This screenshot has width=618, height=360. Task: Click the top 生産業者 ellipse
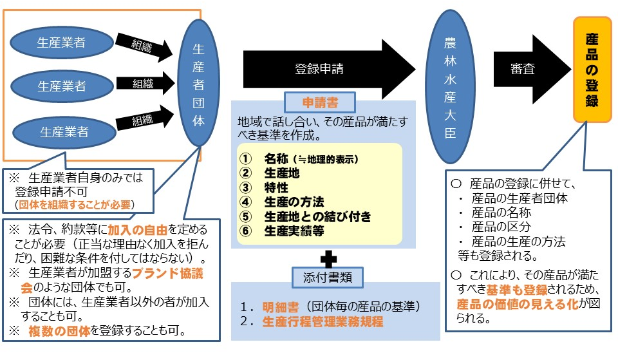61,43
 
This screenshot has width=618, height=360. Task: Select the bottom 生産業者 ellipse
64,133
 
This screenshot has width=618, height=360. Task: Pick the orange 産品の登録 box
593,70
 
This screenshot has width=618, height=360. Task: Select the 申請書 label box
320,102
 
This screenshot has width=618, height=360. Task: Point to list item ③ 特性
264,187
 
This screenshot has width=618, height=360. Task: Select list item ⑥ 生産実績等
283,231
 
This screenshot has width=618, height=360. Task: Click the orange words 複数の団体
61,332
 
